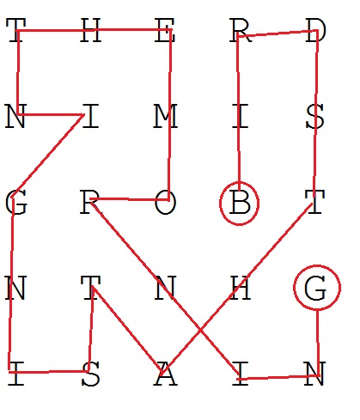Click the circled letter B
[240, 203]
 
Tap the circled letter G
[315, 288]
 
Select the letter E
[165, 30]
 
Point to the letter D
[315, 30]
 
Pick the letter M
[166, 116]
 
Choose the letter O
[166, 203]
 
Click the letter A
[165, 374]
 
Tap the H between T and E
[91, 30]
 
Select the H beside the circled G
[241, 288]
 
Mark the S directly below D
[315, 116]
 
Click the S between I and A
[91, 374]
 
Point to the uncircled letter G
[16, 203]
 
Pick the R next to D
[241, 30]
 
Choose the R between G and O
[90, 203]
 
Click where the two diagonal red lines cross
[200, 331]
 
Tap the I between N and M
[91, 116]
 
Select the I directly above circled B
[240, 116]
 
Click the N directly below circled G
[315, 374]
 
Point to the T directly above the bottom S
[91, 288]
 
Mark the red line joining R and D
[278, 33]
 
